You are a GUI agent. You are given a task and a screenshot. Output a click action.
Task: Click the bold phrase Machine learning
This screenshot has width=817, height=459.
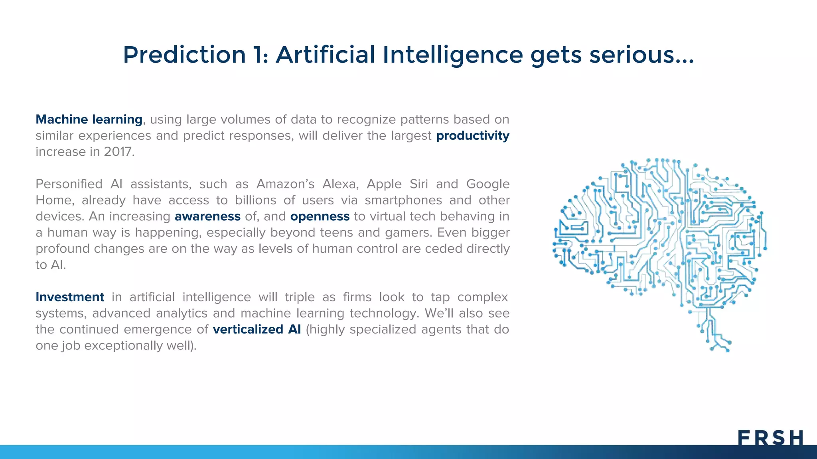[x=89, y=120]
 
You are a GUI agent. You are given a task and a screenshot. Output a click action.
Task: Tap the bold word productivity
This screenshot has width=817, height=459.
[x=472, y=136]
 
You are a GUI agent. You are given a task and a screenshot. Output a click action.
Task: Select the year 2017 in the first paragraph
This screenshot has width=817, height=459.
[x=118, y=152]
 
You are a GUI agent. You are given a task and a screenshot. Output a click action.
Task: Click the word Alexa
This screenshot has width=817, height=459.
[x=340, y=184]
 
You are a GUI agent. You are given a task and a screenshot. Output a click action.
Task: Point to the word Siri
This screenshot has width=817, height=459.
[x=419, y=184]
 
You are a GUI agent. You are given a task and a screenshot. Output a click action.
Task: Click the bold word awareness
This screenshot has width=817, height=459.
[x=207, y=216]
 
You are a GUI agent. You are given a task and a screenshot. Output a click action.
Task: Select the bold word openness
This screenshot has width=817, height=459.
[x=320, y=216]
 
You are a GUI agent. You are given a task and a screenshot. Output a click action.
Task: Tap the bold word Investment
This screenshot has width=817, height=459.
[x=70, y=297]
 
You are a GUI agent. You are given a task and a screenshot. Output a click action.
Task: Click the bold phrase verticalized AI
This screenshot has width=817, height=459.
[x=257, y=330]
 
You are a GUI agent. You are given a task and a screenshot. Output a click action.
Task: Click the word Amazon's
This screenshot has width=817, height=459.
[x=285, y=184]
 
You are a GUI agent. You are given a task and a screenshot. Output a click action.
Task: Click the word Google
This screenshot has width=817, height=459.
[x=488, y=184]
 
